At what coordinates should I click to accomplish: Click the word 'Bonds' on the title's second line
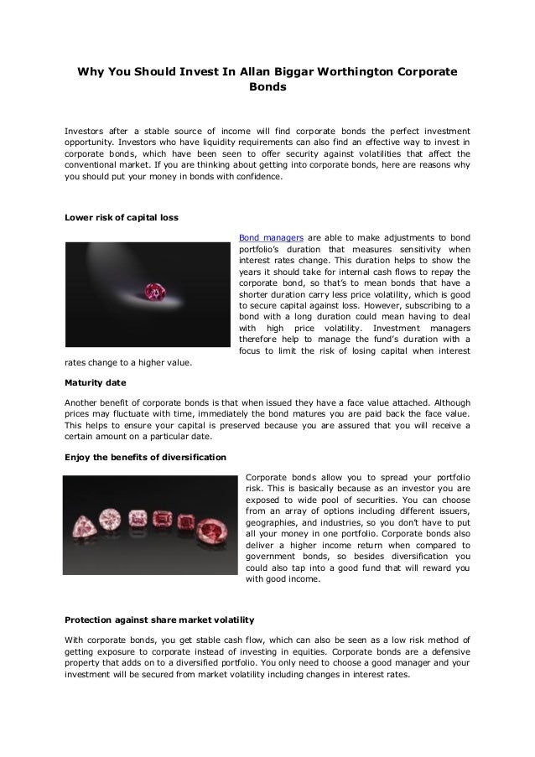pos(267,87)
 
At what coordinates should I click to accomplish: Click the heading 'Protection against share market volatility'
pos(159,620)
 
